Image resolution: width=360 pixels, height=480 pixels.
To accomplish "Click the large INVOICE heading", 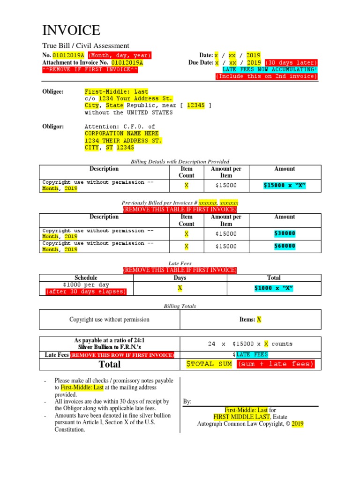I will point(71,31).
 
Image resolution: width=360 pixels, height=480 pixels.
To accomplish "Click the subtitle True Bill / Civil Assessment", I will point(86,45).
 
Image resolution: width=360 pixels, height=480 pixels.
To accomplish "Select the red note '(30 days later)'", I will point(291,62).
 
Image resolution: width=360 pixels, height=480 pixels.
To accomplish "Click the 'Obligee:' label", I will point(53,92).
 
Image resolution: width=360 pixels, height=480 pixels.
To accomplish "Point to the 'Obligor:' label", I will point(53,127).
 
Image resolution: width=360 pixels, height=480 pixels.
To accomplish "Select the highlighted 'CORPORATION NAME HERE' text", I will point(121,134).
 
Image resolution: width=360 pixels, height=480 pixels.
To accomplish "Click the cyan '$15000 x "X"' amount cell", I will point(285,186).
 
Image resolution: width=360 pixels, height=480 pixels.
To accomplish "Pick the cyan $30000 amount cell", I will point(285,233).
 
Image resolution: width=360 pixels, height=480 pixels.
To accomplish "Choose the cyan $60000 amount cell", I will point(285,246).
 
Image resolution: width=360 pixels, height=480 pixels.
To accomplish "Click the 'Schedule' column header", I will point(86,278).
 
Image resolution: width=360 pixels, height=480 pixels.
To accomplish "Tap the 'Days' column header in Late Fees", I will point(180,278).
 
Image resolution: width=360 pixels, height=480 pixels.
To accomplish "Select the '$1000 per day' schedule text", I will point(86,285).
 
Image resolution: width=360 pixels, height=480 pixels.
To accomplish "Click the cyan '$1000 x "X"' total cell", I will point(274,288).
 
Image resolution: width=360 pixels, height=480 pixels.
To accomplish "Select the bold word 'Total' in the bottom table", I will point(109,364).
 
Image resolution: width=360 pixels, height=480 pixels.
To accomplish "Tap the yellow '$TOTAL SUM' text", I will point(209,364).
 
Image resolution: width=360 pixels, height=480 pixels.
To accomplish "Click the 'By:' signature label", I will point(187,402).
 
